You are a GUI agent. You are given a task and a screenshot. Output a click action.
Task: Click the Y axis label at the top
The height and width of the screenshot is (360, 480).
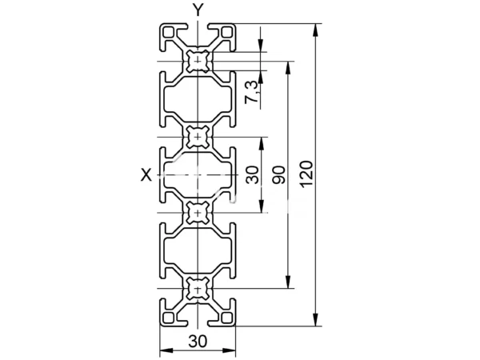(198, 10)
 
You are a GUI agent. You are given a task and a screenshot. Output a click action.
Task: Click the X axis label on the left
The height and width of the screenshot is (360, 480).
(146, 175)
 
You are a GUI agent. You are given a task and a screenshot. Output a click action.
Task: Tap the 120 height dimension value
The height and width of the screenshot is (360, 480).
(306, 174)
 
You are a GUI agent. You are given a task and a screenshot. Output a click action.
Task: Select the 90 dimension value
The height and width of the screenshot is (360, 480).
(279, 174)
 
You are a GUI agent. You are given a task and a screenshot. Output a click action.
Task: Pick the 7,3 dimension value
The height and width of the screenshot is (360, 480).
(252, 92)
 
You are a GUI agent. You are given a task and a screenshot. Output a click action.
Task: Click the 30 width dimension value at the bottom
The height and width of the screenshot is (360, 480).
(198, 341)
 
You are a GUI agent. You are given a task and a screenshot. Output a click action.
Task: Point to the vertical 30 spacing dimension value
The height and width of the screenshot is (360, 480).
(253, 174)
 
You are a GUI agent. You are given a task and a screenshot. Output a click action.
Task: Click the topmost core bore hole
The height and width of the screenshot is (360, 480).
(198, 62)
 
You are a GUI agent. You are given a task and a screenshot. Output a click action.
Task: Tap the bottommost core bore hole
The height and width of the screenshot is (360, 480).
(198, 288)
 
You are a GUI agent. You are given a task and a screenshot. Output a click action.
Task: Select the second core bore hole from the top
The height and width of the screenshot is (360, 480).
(198, 137)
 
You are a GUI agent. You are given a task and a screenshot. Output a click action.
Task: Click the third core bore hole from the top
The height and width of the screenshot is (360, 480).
(198, 213)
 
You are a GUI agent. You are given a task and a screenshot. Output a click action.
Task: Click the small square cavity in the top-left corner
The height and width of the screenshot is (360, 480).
(169, 32)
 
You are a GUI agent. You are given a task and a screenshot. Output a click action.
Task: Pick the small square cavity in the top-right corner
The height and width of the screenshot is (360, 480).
(227, 32)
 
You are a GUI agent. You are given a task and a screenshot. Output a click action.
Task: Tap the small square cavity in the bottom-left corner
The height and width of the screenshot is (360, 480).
(169, 318)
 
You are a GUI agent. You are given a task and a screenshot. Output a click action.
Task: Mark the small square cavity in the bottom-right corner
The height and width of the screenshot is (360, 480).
(227, 318)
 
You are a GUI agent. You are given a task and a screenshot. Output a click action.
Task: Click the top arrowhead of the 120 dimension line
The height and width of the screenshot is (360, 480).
(316, 30)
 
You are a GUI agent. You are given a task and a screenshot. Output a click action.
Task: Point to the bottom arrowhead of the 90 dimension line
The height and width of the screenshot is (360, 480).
(288, 282)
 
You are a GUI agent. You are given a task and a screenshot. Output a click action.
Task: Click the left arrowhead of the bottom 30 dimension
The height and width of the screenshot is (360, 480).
(166, 350)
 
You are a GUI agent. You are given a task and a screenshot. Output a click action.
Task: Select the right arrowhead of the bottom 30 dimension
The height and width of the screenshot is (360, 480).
(229, 350)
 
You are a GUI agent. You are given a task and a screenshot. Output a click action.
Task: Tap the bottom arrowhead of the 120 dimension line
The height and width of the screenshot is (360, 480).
(316, 319)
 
